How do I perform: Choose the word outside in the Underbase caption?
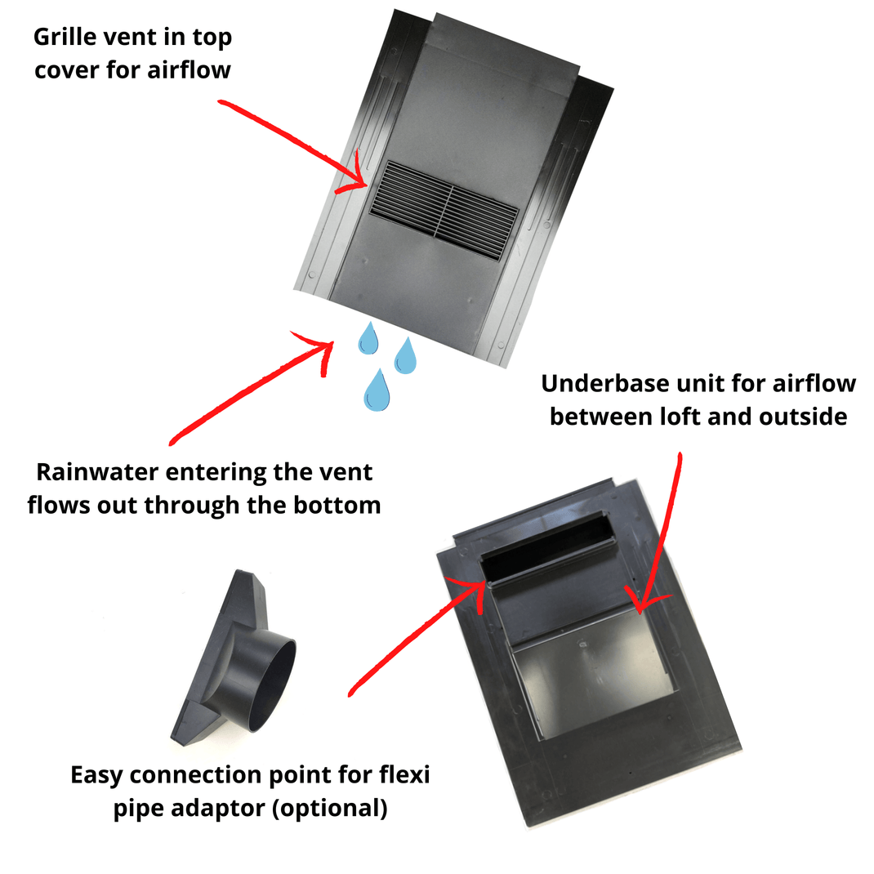click(x=805, y=416)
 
